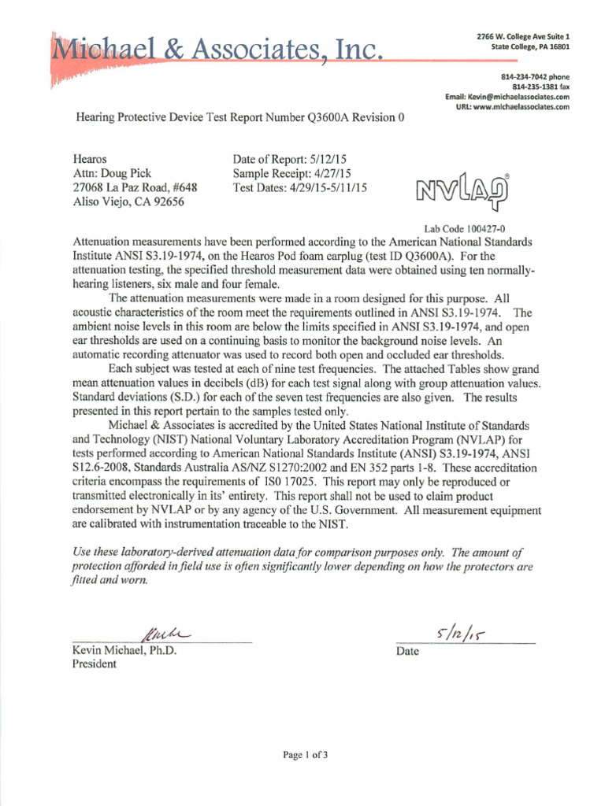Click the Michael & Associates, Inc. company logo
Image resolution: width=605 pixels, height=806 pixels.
(x=217, y=54)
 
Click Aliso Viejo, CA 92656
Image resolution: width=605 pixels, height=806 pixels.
(x=128, y=201)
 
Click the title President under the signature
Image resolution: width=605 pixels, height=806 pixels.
(x=95, y=664)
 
